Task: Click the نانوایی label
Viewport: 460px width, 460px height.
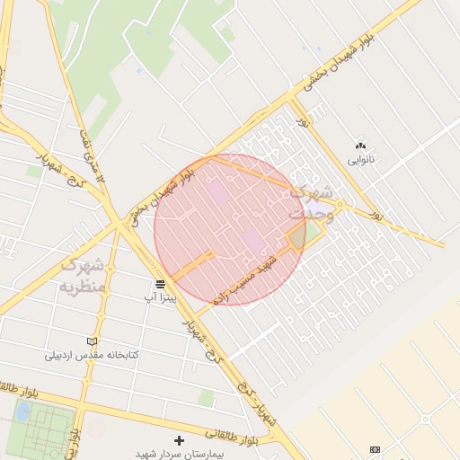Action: coord(361,160)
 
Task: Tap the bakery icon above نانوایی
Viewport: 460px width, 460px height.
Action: coord(361,146)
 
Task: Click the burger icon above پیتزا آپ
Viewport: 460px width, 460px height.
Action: coord(160,282)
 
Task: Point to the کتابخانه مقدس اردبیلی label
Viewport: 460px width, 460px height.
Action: coord(93,355)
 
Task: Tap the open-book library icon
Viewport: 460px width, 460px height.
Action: coord(92,341)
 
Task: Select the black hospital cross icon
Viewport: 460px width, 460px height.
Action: coord(178,440)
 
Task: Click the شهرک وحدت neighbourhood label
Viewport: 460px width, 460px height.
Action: coord(311,203)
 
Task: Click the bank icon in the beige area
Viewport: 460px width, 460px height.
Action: coord(375,449)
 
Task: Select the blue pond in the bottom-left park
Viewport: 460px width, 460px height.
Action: coord(22,412)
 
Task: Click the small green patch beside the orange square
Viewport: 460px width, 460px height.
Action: coord(313,235)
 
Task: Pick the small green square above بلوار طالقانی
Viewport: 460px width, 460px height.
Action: coord(206,397)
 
